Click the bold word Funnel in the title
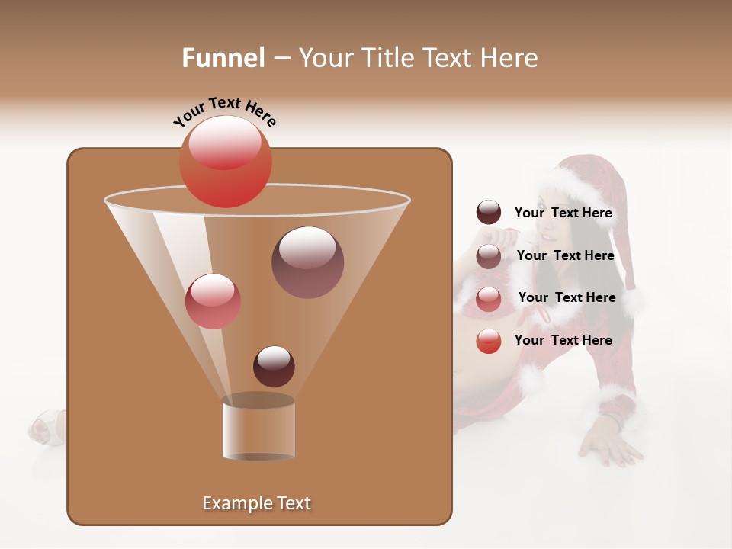(223, 58)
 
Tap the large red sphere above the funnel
(225, 162)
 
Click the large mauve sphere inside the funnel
(307, 262)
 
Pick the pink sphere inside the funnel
(213, 301)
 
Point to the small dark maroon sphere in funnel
(274, 366)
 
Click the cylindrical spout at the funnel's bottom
(258, 429)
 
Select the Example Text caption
(257, 503)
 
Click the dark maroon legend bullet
(489, 213)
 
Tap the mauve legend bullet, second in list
(489, 256)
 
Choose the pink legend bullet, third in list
(489, 299)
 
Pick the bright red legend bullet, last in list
(489, 341)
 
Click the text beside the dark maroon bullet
(563, 213)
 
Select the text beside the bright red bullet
(563, 340)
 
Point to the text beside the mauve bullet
(565, 255)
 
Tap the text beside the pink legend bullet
(567, 297)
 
